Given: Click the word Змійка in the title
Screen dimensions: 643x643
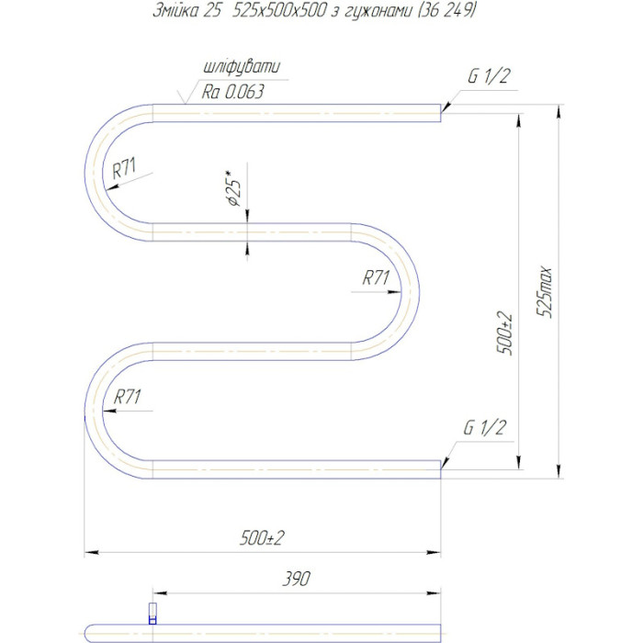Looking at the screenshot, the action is (x=175, y=10).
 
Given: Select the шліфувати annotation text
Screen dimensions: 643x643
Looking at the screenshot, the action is (x=242, y=67).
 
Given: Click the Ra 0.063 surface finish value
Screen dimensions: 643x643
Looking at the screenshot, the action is (x=232, y=92).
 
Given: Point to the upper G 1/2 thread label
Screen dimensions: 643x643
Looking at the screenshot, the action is (x=489, y=76).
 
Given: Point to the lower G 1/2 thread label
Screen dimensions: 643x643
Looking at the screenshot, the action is (x=484, y=428).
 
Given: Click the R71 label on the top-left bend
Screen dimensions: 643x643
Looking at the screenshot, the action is (x=124, y=168).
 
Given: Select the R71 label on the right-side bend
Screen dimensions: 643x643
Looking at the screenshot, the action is (x=376, y=277).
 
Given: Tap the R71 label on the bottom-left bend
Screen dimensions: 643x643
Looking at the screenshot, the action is (x=127, y=397).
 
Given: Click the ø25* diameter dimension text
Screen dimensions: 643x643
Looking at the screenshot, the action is (x=234, y=187).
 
